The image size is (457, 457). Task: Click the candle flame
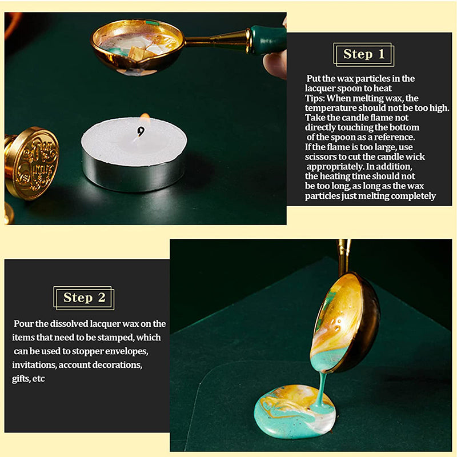click(145, 119)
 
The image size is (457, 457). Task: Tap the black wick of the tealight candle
click(141, 131)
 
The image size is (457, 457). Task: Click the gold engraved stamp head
click(31, 163)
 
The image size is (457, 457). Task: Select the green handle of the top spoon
click(267, 40)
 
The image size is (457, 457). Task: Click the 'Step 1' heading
click(364, 54)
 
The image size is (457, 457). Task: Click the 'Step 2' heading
click(84, 298)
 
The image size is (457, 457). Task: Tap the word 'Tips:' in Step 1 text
click(315, 98)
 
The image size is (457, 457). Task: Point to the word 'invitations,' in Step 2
click(34, 365)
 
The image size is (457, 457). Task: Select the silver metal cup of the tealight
click(135, 174)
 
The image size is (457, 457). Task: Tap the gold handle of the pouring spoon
click(343, 256)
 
